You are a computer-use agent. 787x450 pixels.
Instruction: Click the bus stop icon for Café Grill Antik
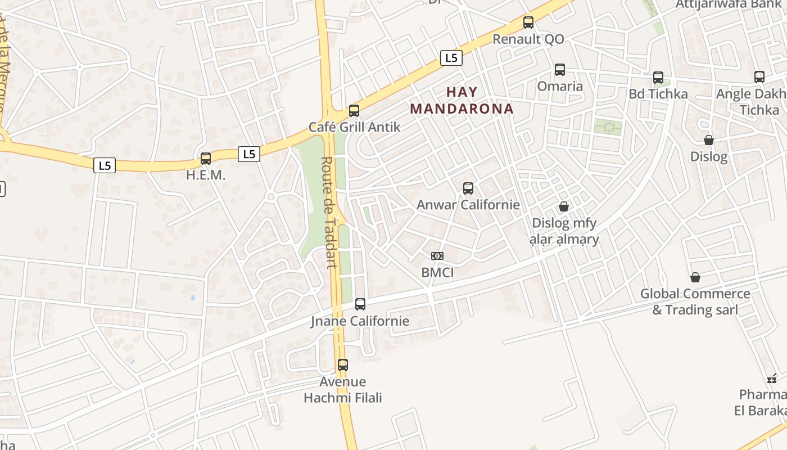354,111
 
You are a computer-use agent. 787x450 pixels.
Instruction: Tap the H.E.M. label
206,175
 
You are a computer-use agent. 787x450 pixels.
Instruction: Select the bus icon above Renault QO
528,22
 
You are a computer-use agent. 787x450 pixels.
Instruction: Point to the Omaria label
560,86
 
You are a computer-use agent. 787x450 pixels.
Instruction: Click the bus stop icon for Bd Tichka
658,78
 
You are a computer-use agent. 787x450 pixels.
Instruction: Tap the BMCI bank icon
437,256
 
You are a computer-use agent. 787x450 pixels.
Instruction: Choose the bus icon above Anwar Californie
468,188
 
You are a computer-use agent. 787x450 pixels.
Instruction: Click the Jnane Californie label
360,321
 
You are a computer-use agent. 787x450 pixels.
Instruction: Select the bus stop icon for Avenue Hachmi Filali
343,364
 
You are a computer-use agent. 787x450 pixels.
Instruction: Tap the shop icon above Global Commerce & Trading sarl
695,277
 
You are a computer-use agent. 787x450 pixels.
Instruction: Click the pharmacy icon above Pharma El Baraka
772,379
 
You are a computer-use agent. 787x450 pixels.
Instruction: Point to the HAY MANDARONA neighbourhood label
462,100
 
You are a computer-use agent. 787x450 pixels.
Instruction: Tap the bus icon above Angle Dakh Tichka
759,77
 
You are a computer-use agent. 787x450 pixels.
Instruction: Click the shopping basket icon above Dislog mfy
564,207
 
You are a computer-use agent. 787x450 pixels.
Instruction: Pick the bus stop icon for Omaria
560,70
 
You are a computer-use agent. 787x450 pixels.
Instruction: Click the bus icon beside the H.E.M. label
206,159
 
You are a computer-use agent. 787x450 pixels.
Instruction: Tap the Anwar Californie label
468,205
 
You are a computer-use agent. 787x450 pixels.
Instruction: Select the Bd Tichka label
658,94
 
